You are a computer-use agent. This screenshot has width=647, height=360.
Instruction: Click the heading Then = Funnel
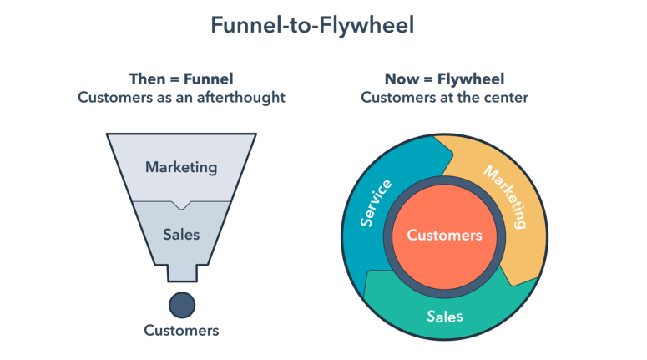click(181, 79)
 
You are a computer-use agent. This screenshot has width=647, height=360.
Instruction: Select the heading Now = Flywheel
click(444, 79)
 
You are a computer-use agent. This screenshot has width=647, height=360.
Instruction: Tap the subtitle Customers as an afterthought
click(181, 98)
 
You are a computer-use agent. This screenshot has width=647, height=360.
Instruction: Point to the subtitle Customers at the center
click(444, 98)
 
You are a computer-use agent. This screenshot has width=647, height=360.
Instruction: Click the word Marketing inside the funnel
click(181, 167)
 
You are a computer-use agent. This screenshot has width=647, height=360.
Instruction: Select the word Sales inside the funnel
click(181, 235)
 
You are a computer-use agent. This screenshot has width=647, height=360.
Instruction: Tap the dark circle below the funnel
click(181, 305)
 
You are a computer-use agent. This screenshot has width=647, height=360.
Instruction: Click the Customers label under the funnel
click(181, 330)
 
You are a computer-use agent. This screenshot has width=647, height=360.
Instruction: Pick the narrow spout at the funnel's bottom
click(181, 272)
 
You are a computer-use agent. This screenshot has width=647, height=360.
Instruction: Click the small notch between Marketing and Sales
click(181, 205)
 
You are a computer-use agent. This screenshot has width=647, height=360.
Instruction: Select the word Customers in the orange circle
click(444, 236)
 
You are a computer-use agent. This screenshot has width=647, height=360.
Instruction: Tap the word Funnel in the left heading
click(205, 79)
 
